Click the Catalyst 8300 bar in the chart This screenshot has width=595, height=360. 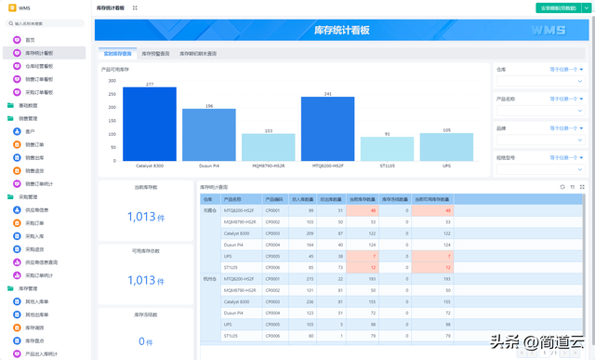tap(149, 125)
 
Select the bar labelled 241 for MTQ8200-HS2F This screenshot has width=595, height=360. tap(327, 129)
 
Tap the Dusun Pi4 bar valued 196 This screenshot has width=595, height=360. tap(208, 135)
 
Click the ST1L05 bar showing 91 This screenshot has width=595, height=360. tap(387, 149)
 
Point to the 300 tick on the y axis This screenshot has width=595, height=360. tap(112, 81)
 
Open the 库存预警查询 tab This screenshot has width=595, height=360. tap(155, 54)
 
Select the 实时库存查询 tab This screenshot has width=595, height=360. tap(117, 54)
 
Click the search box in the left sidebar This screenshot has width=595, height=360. tap(46, 23)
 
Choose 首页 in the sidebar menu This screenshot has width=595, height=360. tap(30, 40)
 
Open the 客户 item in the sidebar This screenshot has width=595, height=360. tap(30, 132)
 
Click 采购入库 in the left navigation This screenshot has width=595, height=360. tap(34, 236)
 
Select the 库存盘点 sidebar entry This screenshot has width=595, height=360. tap(34, 340)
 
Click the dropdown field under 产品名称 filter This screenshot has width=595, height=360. tap(539, 111)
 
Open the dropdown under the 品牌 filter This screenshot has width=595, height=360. tap(539, 140)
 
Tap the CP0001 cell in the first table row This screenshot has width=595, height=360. tap(272, 210)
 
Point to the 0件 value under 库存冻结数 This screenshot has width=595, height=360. tap(145, 341)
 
